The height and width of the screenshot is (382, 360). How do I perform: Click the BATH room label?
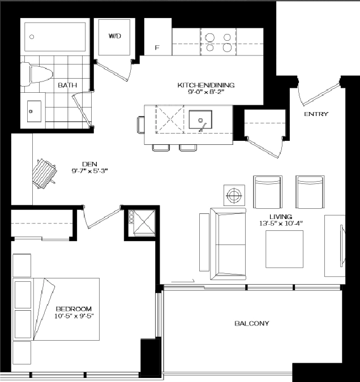point(67,85)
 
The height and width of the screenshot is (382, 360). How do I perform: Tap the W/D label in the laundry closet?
point(115,36)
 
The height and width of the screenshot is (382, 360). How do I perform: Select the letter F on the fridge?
point(157,48)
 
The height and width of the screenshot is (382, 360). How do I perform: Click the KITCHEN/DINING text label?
point(206,85)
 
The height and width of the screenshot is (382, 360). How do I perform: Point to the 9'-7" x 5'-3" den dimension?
point(89,171)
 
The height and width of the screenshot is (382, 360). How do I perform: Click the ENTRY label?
point(316,114)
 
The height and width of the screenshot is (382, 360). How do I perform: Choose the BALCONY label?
point(252,323)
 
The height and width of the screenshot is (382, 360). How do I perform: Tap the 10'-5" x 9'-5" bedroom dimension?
point(74,316)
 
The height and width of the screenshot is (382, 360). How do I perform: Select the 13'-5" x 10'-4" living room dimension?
point(281,223)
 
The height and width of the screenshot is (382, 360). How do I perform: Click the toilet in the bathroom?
point(37,74)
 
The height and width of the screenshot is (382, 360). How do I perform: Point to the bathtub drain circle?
point(32,37)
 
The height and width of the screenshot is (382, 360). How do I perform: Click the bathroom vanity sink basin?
point(34,111)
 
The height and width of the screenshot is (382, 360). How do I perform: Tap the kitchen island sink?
point(200,119)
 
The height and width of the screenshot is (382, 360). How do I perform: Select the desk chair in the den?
point(45,174)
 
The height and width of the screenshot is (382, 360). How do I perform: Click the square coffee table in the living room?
point(285,249)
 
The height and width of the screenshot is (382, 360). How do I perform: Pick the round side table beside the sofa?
point(234,195)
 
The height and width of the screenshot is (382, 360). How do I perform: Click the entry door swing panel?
point(321,95)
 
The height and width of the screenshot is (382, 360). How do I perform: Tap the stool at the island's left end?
point(140,125)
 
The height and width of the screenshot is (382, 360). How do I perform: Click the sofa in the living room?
point(228,244)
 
